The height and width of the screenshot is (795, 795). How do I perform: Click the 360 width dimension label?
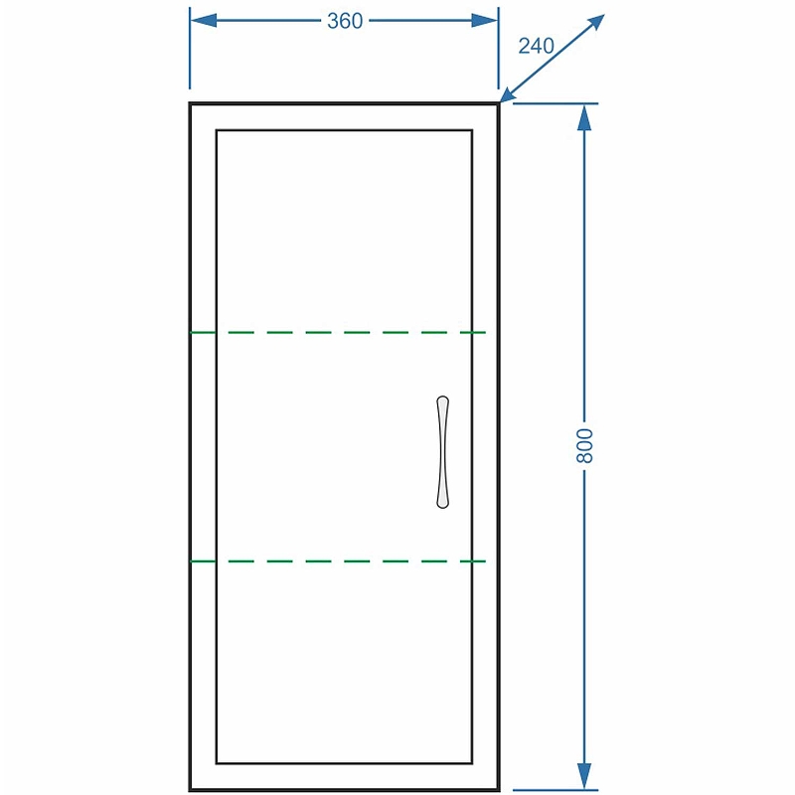(345, 21)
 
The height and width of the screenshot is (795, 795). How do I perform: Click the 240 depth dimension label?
(536, 46)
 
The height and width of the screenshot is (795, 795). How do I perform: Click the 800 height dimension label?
(584, 445)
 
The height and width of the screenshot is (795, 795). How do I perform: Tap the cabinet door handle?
(442, 452)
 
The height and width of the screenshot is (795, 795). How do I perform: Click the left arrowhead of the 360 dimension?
(204, 21)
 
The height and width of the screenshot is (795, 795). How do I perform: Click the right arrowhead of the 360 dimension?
(485, 21)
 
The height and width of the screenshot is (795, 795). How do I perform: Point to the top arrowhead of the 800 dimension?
(584, 117)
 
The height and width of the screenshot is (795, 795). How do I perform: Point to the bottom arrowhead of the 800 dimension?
(584, 776)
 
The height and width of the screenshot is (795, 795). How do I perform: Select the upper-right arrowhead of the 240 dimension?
(595, 22)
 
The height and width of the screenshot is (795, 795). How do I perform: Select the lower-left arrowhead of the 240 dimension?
(510, 93)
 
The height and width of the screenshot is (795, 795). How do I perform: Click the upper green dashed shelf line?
(338, 333)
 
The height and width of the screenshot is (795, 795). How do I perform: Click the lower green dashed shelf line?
(338, 561)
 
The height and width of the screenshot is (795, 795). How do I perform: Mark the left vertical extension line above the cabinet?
(190, 48)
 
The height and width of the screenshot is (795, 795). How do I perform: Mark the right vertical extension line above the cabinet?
(499, 48)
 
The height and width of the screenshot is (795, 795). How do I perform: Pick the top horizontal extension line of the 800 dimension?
(556, 103)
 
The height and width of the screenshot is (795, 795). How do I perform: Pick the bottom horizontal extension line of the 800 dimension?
(556, 790)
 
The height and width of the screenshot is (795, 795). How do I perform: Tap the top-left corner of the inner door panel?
(217, 130)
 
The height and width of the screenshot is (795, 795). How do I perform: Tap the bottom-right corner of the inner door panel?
(473, 763)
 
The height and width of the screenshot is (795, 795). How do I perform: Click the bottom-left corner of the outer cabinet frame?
(190, 790)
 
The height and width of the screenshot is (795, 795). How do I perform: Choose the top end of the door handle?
(442, 397)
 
